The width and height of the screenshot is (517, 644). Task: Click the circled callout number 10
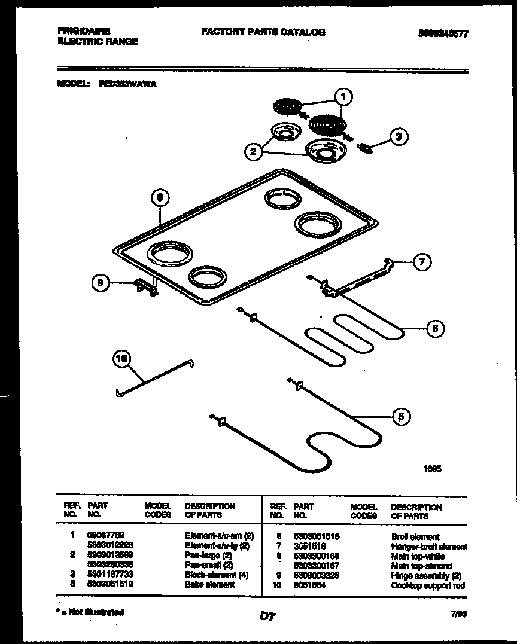121,359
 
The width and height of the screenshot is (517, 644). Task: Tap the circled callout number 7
422,261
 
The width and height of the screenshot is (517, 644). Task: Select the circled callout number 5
402,417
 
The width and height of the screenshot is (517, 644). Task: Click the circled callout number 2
254,152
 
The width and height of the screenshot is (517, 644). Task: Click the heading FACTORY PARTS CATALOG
263,32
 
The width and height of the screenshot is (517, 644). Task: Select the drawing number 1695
432,469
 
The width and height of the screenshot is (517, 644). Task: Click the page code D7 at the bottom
267,615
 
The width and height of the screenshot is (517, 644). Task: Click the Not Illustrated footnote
90,612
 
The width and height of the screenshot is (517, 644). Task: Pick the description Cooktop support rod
427,586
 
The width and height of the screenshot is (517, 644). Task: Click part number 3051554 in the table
311,586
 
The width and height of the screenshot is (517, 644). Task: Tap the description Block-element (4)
217,575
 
